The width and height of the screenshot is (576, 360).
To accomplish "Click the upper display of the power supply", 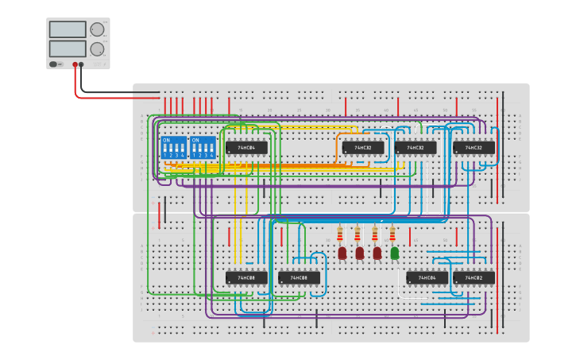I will (68, 29).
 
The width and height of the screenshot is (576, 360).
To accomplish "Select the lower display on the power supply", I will (68, 48).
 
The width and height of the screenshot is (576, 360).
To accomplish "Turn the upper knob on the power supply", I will (97, 30).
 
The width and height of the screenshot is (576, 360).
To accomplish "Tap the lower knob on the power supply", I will (97, 49).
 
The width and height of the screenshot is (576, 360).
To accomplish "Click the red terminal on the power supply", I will (75, 64).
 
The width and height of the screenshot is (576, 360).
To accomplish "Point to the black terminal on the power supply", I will (82, 64).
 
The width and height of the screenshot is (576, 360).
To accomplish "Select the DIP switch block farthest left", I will (174, 147).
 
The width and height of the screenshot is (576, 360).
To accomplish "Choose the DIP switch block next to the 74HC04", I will (203, 147).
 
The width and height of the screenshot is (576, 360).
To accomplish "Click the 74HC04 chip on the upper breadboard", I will (246, 148).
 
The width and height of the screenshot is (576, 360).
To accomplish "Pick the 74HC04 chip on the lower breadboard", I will (427, 277).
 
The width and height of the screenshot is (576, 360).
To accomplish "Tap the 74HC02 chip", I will (474, 277).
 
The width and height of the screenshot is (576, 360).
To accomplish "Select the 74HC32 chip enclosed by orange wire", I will (362, 148).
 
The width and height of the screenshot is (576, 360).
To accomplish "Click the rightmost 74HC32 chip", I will (474, 148).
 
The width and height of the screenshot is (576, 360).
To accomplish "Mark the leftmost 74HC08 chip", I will (246, 277).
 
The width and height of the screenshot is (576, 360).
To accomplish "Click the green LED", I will (395, 253).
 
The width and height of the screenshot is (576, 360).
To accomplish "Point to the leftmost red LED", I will (342, 253).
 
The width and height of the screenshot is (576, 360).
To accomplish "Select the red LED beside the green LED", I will (377, 253).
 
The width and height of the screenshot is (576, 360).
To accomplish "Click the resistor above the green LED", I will (392, 235).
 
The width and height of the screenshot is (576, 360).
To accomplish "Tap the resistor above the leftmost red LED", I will (340, 235).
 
